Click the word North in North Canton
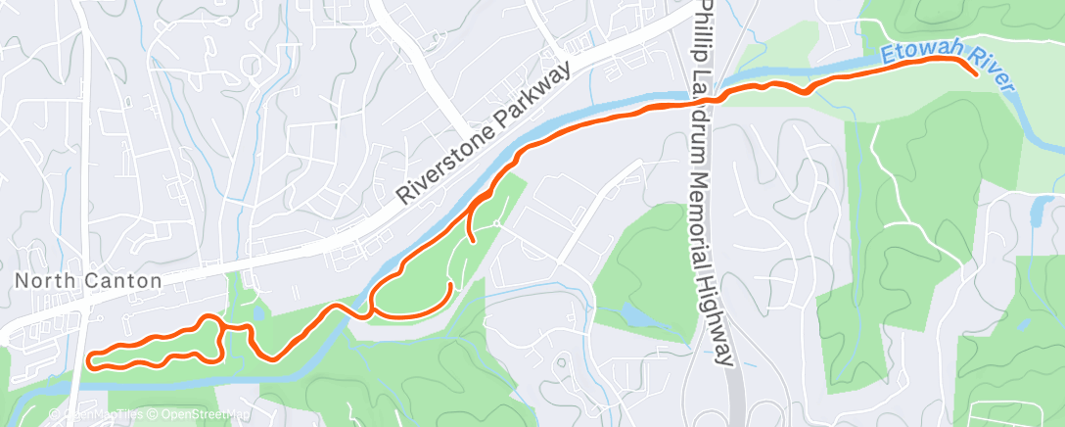(x=40, y=281)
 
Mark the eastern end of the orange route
(x=976, y=73)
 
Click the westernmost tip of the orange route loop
(x=89, y=359)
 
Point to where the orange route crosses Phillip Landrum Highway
(x=717, y=98)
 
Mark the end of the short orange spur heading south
(x=474, y=240)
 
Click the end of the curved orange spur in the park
(x=449, y=284)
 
